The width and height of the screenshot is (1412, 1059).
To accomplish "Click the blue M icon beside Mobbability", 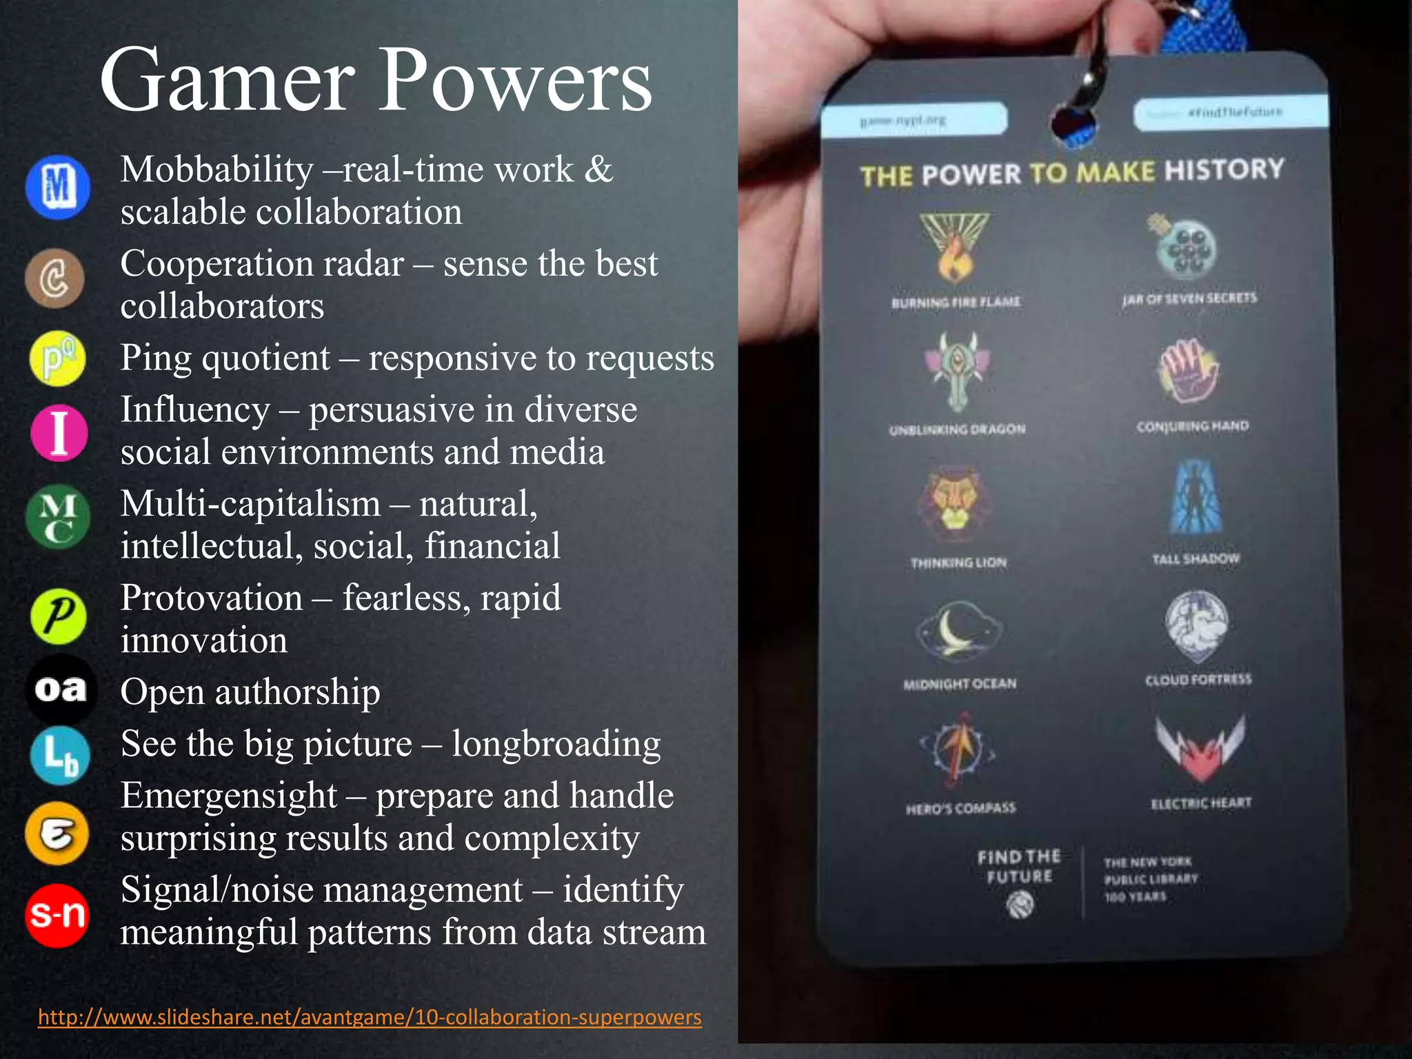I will coord(58,187).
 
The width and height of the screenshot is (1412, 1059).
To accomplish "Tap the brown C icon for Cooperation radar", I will coord(55,279).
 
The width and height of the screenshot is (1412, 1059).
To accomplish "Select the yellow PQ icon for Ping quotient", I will coord(58,359).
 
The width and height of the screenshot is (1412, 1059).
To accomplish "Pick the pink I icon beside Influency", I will coord(59,432).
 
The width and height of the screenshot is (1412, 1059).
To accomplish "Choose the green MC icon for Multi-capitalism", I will coord(58,518).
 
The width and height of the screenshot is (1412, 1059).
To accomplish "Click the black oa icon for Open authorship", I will coord(61,689).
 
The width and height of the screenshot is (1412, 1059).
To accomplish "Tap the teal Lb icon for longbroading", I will coord(60,756).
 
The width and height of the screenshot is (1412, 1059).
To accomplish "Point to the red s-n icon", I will coord(57,915).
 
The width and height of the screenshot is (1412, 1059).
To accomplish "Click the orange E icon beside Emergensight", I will coord(57,834).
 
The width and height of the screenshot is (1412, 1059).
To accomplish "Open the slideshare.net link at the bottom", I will coord(370,1017).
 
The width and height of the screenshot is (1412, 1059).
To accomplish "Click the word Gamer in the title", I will coord(228,81).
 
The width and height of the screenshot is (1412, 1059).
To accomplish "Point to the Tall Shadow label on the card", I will coord(1196,558).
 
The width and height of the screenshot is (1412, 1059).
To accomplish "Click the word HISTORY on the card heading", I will coord(1224,170).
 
